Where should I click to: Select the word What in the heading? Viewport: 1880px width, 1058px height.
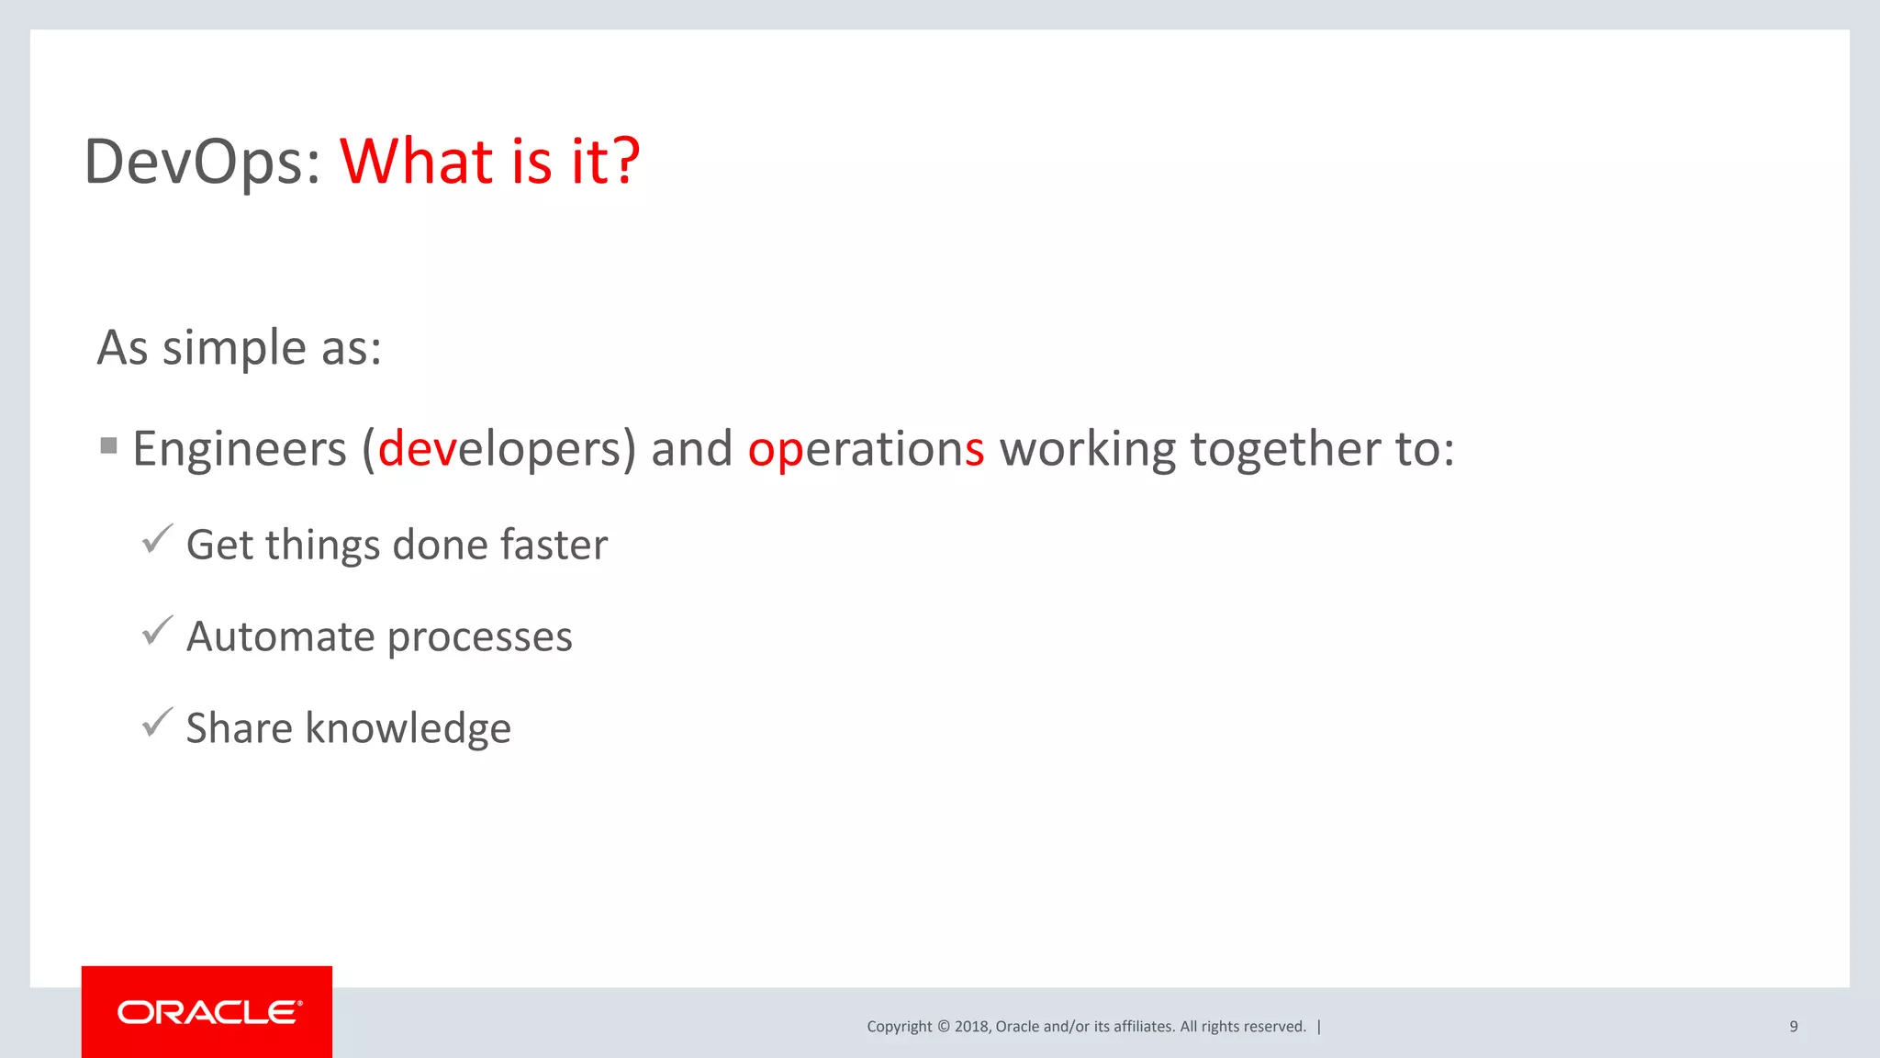click(418, 162)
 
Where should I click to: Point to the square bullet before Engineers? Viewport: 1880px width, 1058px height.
click(109, 446)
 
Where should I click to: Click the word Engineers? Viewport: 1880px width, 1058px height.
click(240, 449)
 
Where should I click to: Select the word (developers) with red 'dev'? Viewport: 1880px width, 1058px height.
click(498, 449)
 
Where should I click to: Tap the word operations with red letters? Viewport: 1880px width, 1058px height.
click(866, 449)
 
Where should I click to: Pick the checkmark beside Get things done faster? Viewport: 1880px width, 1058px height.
click(157, 539)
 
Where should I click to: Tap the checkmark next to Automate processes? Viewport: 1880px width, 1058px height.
click(157, 631)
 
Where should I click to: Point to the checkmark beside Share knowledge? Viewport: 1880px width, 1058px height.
click(157, 723)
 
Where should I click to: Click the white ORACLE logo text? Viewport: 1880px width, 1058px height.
click(208, 1012)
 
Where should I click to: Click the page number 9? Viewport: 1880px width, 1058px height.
click(1793, 1027)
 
